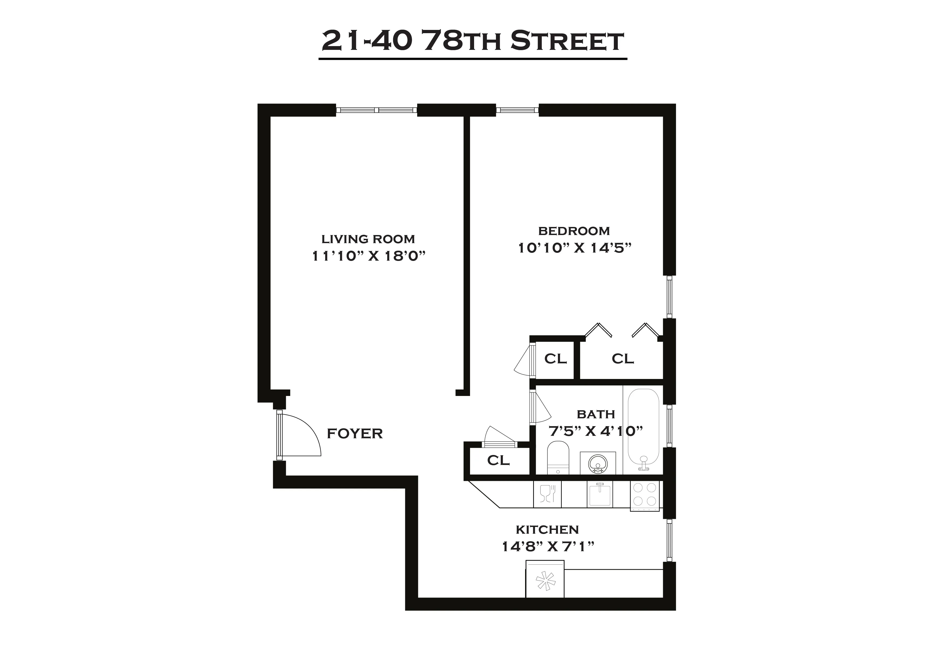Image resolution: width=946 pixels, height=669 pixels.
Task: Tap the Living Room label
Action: click(368, 239)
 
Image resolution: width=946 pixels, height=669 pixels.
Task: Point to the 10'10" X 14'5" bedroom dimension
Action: click(575, 248)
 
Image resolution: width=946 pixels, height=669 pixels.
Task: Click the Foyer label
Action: click(355, 433)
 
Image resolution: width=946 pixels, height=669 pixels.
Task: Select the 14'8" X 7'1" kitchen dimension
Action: click(548, 547)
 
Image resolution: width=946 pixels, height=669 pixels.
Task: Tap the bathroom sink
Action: click(598, 463)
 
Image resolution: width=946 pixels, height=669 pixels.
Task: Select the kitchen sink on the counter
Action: click(599, 494)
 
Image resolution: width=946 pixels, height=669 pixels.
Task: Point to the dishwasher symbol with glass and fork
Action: click(547, 494)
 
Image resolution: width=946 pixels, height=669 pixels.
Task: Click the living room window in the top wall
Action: click(376, 110)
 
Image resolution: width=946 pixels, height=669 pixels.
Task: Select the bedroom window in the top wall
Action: click(517, 110)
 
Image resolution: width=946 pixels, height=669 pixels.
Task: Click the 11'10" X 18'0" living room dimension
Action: click(368, 256)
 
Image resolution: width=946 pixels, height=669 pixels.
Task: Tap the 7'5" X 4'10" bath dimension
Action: click(596, 431)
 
